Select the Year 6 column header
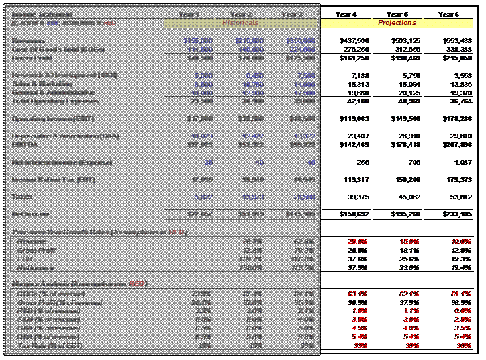(448, 14)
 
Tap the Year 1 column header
(190, 14)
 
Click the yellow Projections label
(397, 23)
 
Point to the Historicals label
(240, 23)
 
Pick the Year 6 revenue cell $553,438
(454, 41)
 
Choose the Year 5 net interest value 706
(412, 162)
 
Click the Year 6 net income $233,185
(454, 214)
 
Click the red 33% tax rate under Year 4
(361, 345)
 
